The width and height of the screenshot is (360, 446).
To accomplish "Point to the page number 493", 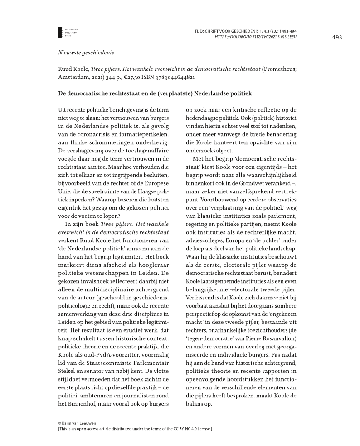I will click(x=337, y=37).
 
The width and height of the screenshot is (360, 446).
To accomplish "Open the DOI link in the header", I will click(x=256, y=36).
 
